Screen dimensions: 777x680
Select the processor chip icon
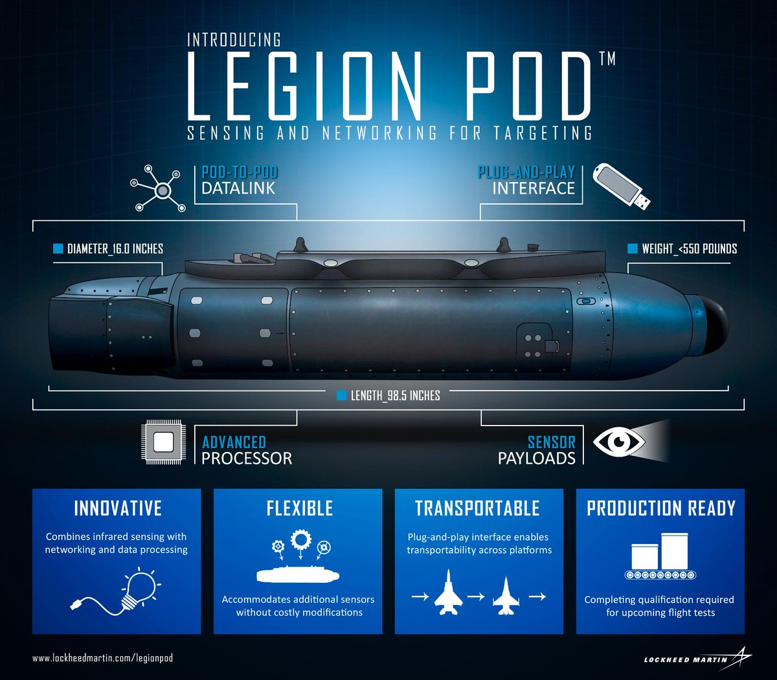coord(163,443)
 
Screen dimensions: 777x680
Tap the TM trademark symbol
coord(607,59)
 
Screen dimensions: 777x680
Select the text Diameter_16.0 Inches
coord(115,249)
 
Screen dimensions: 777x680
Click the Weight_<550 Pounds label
coord(689,249)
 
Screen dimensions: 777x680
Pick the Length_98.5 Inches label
coord(395,395)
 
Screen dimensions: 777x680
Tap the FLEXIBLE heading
coord(300,509)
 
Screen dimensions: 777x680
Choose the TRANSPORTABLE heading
coord(477,509)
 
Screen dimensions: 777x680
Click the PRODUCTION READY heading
coord(661,509)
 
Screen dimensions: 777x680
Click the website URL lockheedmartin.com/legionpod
coord(103,658)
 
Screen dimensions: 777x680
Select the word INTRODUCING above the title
coord(234,40)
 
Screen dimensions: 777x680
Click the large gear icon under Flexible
coord(300,539)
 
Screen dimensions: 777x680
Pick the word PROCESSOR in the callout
coord(247,459)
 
